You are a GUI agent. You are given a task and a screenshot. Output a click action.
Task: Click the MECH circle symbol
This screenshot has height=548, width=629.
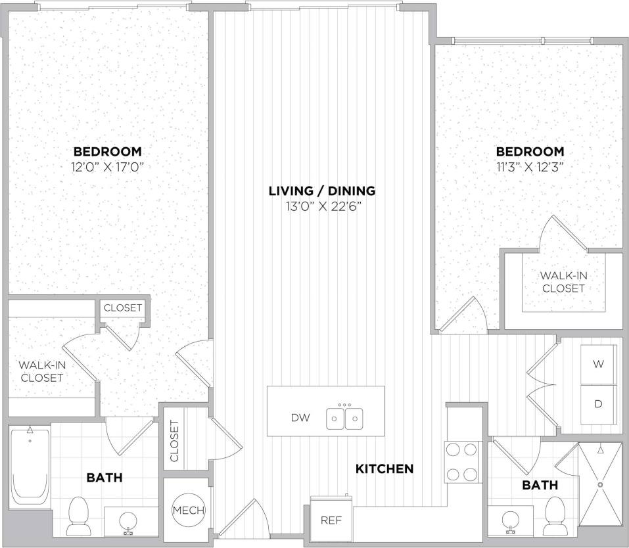coord(188,511)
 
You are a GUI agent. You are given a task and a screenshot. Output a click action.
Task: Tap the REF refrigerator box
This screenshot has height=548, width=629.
coord(331,520)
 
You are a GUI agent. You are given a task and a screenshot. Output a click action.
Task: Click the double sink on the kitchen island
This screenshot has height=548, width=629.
coord(345,418)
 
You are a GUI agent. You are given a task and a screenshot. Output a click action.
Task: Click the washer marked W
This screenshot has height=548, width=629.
coord(598,364)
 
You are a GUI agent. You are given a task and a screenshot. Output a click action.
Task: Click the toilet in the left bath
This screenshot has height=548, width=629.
coord(79,516)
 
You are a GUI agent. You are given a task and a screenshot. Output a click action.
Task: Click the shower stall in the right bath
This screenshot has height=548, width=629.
coord(599,484)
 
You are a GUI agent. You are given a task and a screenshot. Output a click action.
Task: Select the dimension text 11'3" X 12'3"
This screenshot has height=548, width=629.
coord(529,166)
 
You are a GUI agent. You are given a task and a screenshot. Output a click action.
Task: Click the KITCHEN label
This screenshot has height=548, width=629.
coord(384,468)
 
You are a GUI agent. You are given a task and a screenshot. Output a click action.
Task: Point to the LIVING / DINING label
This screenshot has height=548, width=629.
coord(321,191)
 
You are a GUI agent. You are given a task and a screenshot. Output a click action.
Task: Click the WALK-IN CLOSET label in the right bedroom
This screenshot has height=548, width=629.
coord(563,282)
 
